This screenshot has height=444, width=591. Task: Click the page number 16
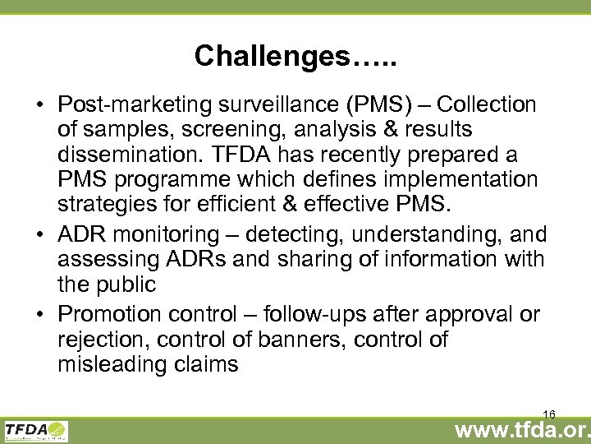[550, 414]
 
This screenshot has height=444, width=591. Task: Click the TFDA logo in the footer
[36, 430]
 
